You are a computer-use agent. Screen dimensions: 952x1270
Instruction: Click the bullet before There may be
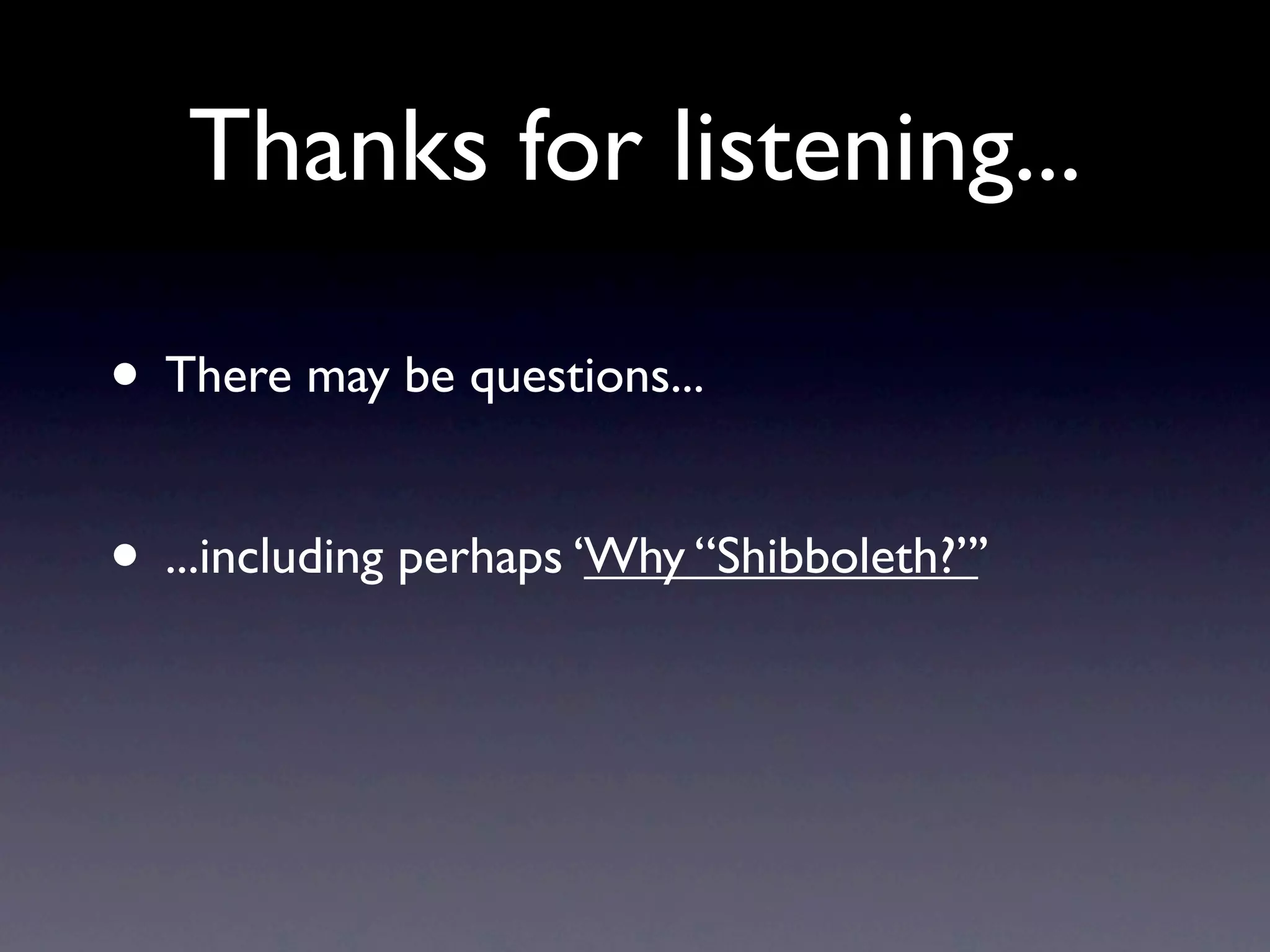(x=126, y=376)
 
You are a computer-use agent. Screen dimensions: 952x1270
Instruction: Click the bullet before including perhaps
(x=126, y=557)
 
